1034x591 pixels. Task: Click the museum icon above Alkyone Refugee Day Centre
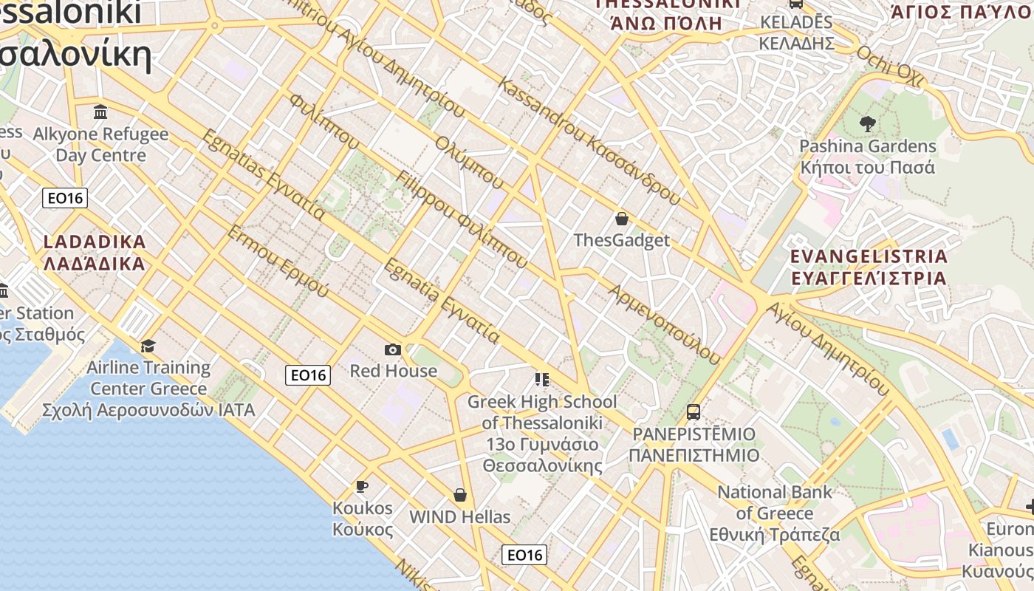click(100, 112)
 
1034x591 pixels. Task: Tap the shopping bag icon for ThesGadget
click(622, 219)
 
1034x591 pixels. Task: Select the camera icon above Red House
click(393, 349)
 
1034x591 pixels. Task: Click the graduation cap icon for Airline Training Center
click(148, 346)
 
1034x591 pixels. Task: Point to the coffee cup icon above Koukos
click(361, 486)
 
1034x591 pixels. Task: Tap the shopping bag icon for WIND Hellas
click(460, 495)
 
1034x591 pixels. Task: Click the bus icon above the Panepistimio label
click(693, 411)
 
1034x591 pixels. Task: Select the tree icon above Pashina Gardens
click(867, 124)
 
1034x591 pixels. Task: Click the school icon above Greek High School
click(542, 380)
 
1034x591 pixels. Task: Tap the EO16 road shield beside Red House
click(308, 375)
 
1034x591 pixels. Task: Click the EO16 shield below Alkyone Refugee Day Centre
click(65, 198)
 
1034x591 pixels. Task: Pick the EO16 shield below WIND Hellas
click(524, 555)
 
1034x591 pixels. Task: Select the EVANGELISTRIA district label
click(869, 267)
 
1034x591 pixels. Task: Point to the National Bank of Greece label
click(775, 513)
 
